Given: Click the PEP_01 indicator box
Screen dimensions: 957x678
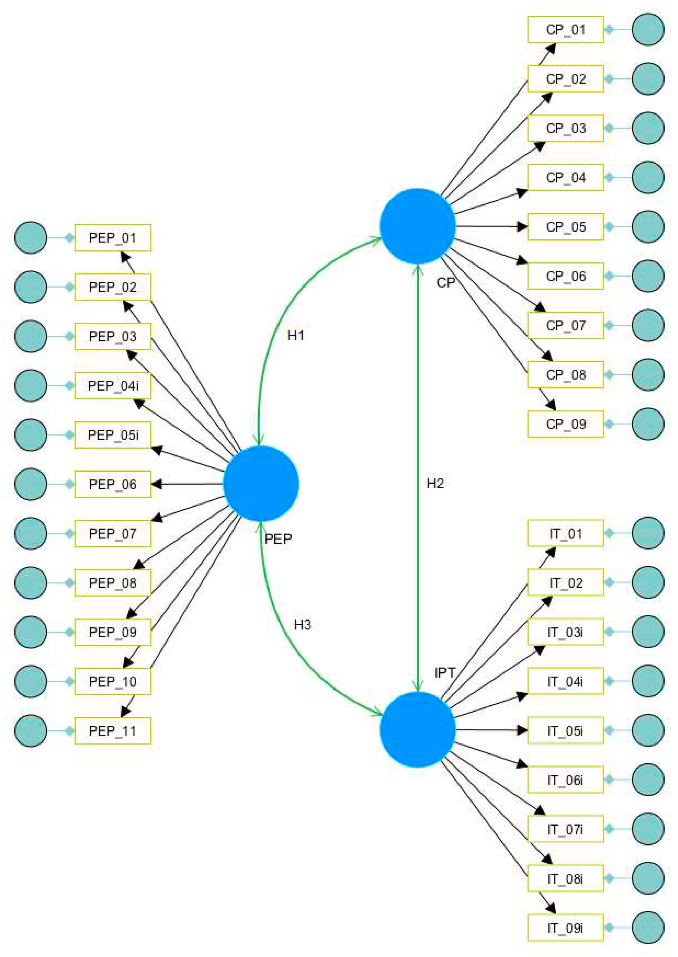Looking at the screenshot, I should click(x=113, y=238).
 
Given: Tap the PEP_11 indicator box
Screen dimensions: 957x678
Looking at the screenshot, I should click(x=113, y=731).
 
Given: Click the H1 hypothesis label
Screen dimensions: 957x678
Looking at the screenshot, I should click(x=295, y=335).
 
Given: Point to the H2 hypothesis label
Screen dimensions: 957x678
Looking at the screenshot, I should click(x=435, y=483).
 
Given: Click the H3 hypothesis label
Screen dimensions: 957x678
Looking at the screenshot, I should click(x=302, y=624).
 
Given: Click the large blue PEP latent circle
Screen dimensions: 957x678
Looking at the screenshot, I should click(x=261, y=483).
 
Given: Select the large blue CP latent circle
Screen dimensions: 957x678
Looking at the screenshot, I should click(x=418, y=226).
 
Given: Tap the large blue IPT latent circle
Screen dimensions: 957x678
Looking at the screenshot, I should click(x=418, y=730).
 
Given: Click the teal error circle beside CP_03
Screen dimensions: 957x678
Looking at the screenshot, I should click(x=648, y=128).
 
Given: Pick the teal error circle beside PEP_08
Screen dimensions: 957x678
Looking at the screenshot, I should click(x=30, y=583).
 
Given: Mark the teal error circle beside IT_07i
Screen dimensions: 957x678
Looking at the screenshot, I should click(x=648, y=829).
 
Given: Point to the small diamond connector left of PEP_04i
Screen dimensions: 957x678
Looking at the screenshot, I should click(x=70, y=385).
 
